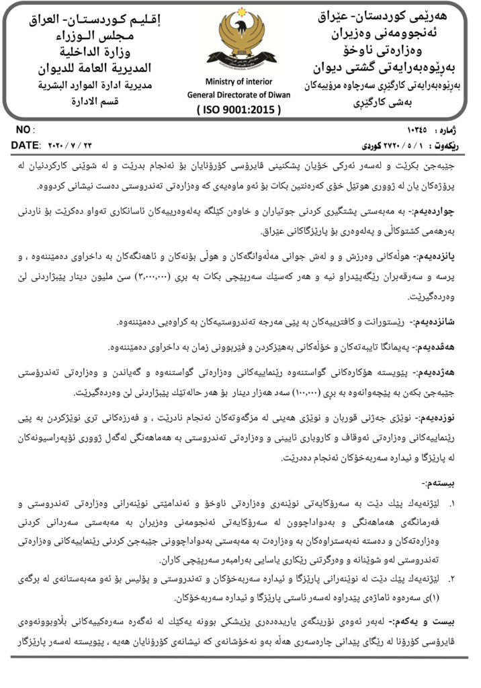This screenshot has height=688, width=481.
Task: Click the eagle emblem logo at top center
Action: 241,38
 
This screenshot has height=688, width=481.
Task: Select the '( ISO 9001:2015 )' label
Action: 239,109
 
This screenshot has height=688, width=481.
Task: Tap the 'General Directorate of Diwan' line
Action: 239,95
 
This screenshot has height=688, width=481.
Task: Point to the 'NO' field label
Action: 22,129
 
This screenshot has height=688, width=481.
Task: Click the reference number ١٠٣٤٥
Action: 417,129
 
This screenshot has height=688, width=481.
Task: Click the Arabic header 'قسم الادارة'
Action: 95,101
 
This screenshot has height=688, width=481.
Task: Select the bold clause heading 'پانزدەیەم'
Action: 443,257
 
